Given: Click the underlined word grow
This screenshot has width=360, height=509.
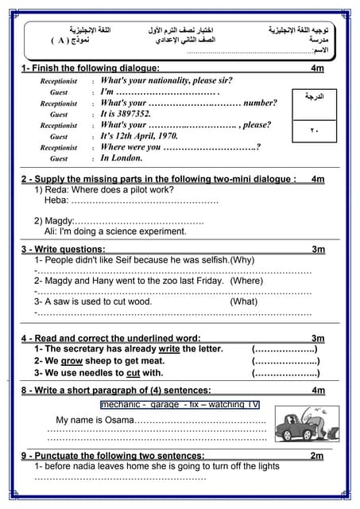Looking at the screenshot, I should click(72, 361).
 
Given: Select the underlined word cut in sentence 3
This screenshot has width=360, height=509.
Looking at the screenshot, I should click(133, 372).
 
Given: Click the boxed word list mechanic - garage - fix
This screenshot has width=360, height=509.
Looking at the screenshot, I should click(180, 405).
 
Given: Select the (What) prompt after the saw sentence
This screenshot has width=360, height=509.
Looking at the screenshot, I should click(244, 302).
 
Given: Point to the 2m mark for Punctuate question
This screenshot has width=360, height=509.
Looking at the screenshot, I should click(317, 456).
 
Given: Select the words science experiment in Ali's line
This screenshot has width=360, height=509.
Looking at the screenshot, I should click(145, 231).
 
